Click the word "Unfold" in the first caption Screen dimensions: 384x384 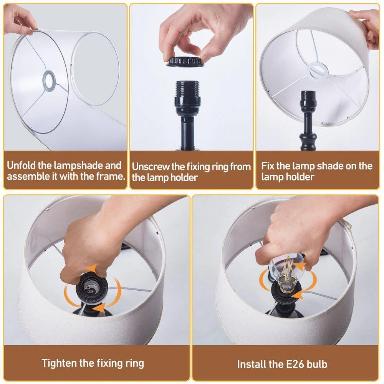pyautogui.click(x=22, y=166)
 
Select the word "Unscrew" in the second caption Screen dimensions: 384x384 pyautogui.click(x=151, y=167)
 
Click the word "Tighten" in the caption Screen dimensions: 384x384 pyautogui.click(x=59, y=363)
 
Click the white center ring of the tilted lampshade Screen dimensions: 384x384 pyautogui.click(x=319, y=71)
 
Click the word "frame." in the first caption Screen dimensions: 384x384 pyautogui.click(x=111, y=176)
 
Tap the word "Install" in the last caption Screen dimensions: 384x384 pyautogui.click(x=252, y=364)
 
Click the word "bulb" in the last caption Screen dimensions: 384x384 pyautogui.click(x=317, y=364)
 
